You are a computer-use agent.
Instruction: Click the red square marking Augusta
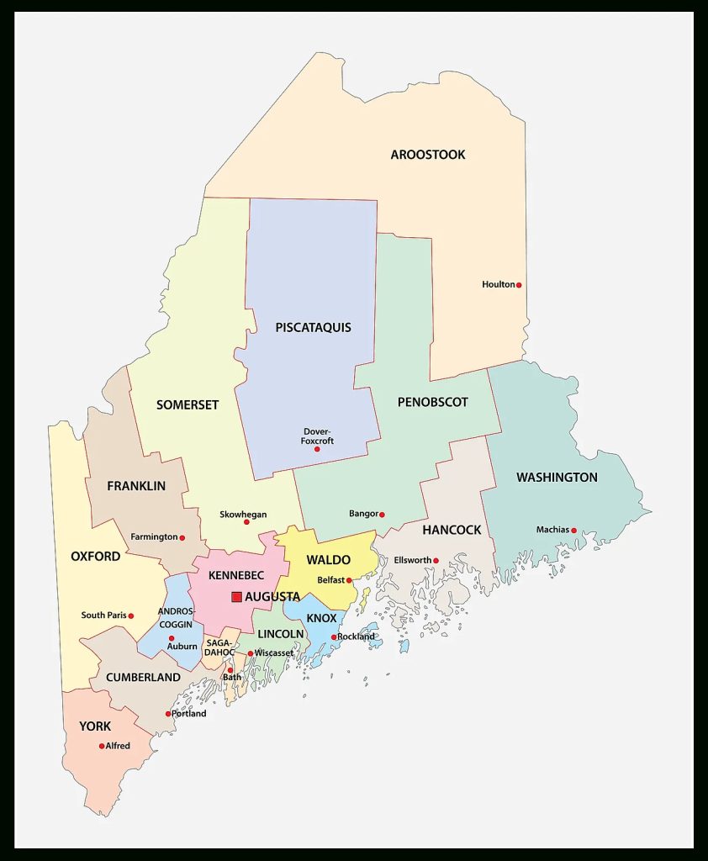point(236,596)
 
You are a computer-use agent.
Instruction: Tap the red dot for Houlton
point(519,285)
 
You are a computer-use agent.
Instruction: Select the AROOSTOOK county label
point(427,155)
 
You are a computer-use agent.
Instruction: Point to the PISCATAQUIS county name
point(313,327)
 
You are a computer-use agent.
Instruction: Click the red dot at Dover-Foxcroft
point(317,449)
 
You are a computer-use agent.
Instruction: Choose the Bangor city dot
point(382,515)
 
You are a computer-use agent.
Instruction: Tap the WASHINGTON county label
point(557,477)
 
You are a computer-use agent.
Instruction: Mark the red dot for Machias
point(574,531)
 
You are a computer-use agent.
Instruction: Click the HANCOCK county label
point(452,530)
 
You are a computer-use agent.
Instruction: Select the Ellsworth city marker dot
point(436,561)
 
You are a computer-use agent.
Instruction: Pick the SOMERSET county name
point(188,404)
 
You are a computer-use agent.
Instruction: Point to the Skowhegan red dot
point(246,522)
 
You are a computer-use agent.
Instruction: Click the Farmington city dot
point(182,537)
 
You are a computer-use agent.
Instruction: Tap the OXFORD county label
point(95,556)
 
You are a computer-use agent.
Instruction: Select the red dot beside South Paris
point(130,615)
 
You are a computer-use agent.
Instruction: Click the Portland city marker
point(168,714)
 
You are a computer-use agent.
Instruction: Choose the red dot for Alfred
point(102,746)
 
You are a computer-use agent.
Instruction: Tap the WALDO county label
point(328,560)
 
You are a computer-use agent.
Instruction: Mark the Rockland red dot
point(334,637)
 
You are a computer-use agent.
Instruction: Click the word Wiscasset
point(274,652)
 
